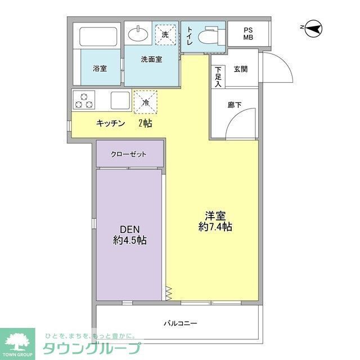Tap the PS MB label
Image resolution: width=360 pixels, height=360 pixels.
[x=248, y=34]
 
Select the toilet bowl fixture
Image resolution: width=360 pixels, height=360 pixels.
[x=210, y=35]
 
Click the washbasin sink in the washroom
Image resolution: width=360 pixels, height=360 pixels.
[x=138, y=34]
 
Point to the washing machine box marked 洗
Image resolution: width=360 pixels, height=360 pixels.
[x=165, y=34]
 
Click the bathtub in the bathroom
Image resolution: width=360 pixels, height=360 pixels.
[x=100, y=37]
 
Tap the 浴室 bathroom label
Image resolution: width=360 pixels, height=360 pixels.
[x=100, y=68]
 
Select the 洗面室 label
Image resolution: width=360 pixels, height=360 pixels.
[x=151, y=59]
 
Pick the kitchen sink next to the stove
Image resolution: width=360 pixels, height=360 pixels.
[x=120, y=101]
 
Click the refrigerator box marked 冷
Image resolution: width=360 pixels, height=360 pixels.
[x=146, y=102]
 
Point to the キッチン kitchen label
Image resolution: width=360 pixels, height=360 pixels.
[x=110, y=124]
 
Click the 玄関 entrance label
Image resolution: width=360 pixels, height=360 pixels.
[x=241, y=69]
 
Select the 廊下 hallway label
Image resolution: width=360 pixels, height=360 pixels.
[x=235, y=104]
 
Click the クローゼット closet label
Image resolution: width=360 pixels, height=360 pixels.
[x=129, y=154]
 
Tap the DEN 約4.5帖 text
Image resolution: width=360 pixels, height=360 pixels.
[x=129, y=235]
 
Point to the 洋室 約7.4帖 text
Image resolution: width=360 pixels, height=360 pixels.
[x=215, y=221]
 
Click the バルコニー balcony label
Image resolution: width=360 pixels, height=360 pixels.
[x=180, y=323]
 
